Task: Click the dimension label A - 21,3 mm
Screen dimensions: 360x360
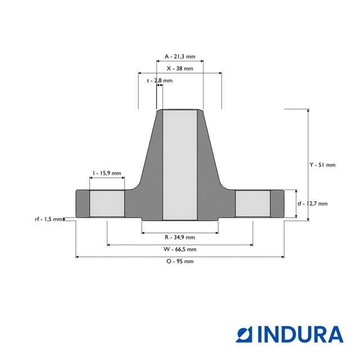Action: [179, 56]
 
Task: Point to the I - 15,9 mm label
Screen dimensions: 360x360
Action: [107, 173]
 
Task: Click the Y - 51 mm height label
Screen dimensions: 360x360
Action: [322, 165]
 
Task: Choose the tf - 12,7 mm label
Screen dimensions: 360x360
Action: [312, 204]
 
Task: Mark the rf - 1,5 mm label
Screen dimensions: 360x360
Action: [49, 219]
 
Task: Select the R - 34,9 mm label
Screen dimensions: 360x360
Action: [179, 237]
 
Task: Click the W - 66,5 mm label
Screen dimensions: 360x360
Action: [179, 249]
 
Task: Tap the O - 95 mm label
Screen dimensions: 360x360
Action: [179, 261]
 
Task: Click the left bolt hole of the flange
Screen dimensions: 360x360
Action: [107, 204]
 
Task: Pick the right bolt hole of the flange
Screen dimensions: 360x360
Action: [253, 204]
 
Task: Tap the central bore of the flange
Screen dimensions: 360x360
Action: [179, 163]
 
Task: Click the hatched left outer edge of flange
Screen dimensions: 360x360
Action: [82, 204]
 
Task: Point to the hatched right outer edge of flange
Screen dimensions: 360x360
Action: [277, 204]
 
